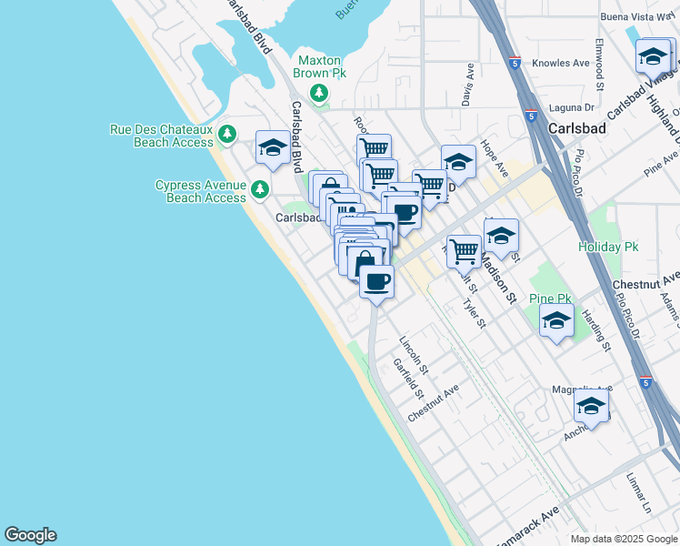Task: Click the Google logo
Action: click(x=30, y=535)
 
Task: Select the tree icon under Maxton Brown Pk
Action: click(x=319, y=92)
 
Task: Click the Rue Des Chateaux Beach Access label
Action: click(x=161, y=136)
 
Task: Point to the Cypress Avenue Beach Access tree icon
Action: click(x=260, y=189)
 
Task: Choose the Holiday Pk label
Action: click(x=608, y=247)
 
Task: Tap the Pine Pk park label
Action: click(x=551, y=298)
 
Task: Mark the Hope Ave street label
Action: click(x=495, y=158)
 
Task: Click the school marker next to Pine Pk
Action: click(x=556, y=321)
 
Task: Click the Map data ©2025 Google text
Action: click(x=623, y=539)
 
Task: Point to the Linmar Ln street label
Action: click(x=639, y=490)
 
